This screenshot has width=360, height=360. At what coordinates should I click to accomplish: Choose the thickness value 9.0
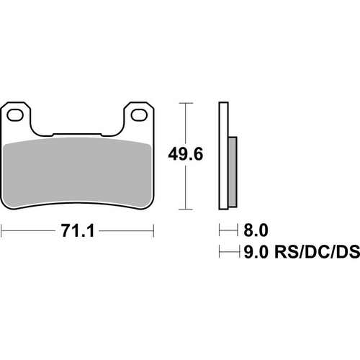256,253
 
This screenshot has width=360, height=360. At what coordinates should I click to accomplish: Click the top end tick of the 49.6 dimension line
189,104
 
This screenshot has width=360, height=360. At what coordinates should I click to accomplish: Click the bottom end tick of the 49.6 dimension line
189,210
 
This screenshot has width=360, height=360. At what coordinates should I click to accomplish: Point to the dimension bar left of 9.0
228,253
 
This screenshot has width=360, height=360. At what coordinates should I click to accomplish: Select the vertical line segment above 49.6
189,122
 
